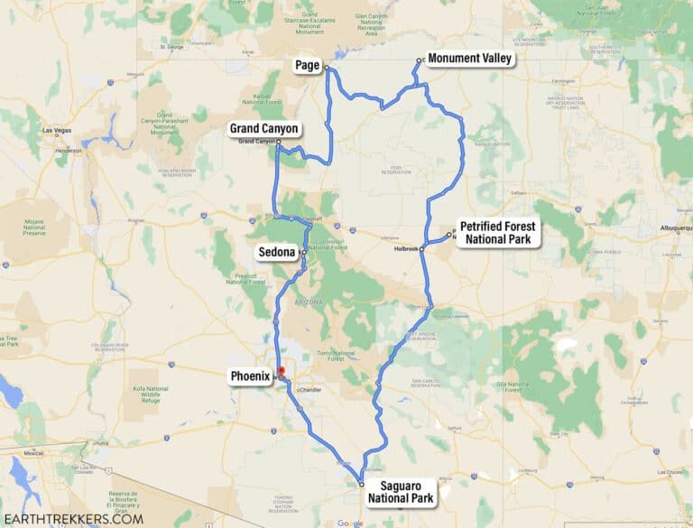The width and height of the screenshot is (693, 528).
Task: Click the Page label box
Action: coord(308,65)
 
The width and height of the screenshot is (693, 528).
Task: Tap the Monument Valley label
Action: coord(469,59)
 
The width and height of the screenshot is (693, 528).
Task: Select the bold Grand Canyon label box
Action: coord(263,129)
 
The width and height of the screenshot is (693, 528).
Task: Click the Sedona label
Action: coord(277,253)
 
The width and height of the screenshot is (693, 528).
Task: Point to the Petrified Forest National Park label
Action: coord(498,233)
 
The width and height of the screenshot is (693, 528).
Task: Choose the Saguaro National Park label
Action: coord(402,492)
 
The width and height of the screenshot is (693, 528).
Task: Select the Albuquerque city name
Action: coord(672,228)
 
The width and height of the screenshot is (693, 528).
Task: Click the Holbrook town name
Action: coord(407,248)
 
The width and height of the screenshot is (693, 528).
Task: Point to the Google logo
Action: coord(350,523)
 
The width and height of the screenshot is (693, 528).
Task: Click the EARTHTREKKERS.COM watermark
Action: coord(73,518)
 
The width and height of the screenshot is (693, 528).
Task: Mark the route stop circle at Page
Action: coord(327,69)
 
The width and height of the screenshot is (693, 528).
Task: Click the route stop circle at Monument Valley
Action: coord(420,61)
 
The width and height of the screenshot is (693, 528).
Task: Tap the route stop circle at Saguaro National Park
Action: coord(361,484)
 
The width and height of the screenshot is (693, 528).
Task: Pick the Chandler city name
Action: coord(309,390)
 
